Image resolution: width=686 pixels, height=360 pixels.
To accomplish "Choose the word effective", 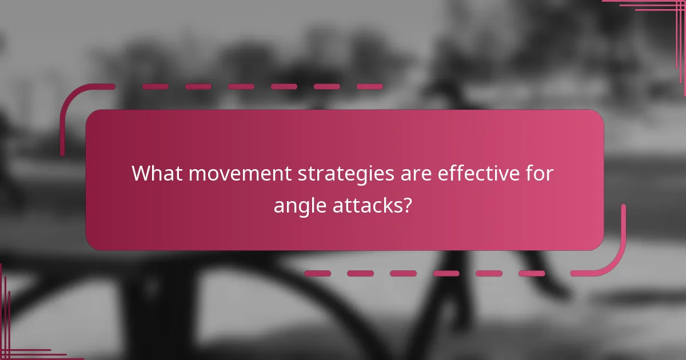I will [478, 173].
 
